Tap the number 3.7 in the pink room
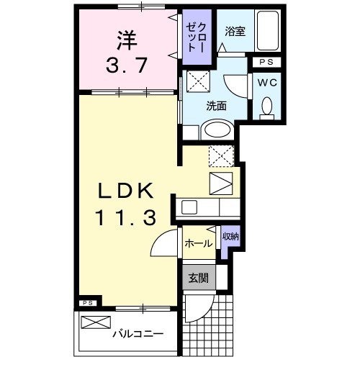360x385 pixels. point(127,65)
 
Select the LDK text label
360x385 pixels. point(125,191)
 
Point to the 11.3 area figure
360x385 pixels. point(125,218)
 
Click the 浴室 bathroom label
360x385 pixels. point(234,32)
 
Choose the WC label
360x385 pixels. point(267,82)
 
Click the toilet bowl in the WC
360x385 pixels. point(267,107)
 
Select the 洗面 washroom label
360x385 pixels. point(217,105)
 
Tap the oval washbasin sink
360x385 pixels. point(215,130)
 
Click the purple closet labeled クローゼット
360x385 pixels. point(197,37)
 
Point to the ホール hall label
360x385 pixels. point(197,244)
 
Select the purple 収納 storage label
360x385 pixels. point(230,237)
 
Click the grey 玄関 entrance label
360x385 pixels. point(198,277)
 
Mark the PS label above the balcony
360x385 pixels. point(87,304)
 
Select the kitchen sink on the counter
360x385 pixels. point(190,207)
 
